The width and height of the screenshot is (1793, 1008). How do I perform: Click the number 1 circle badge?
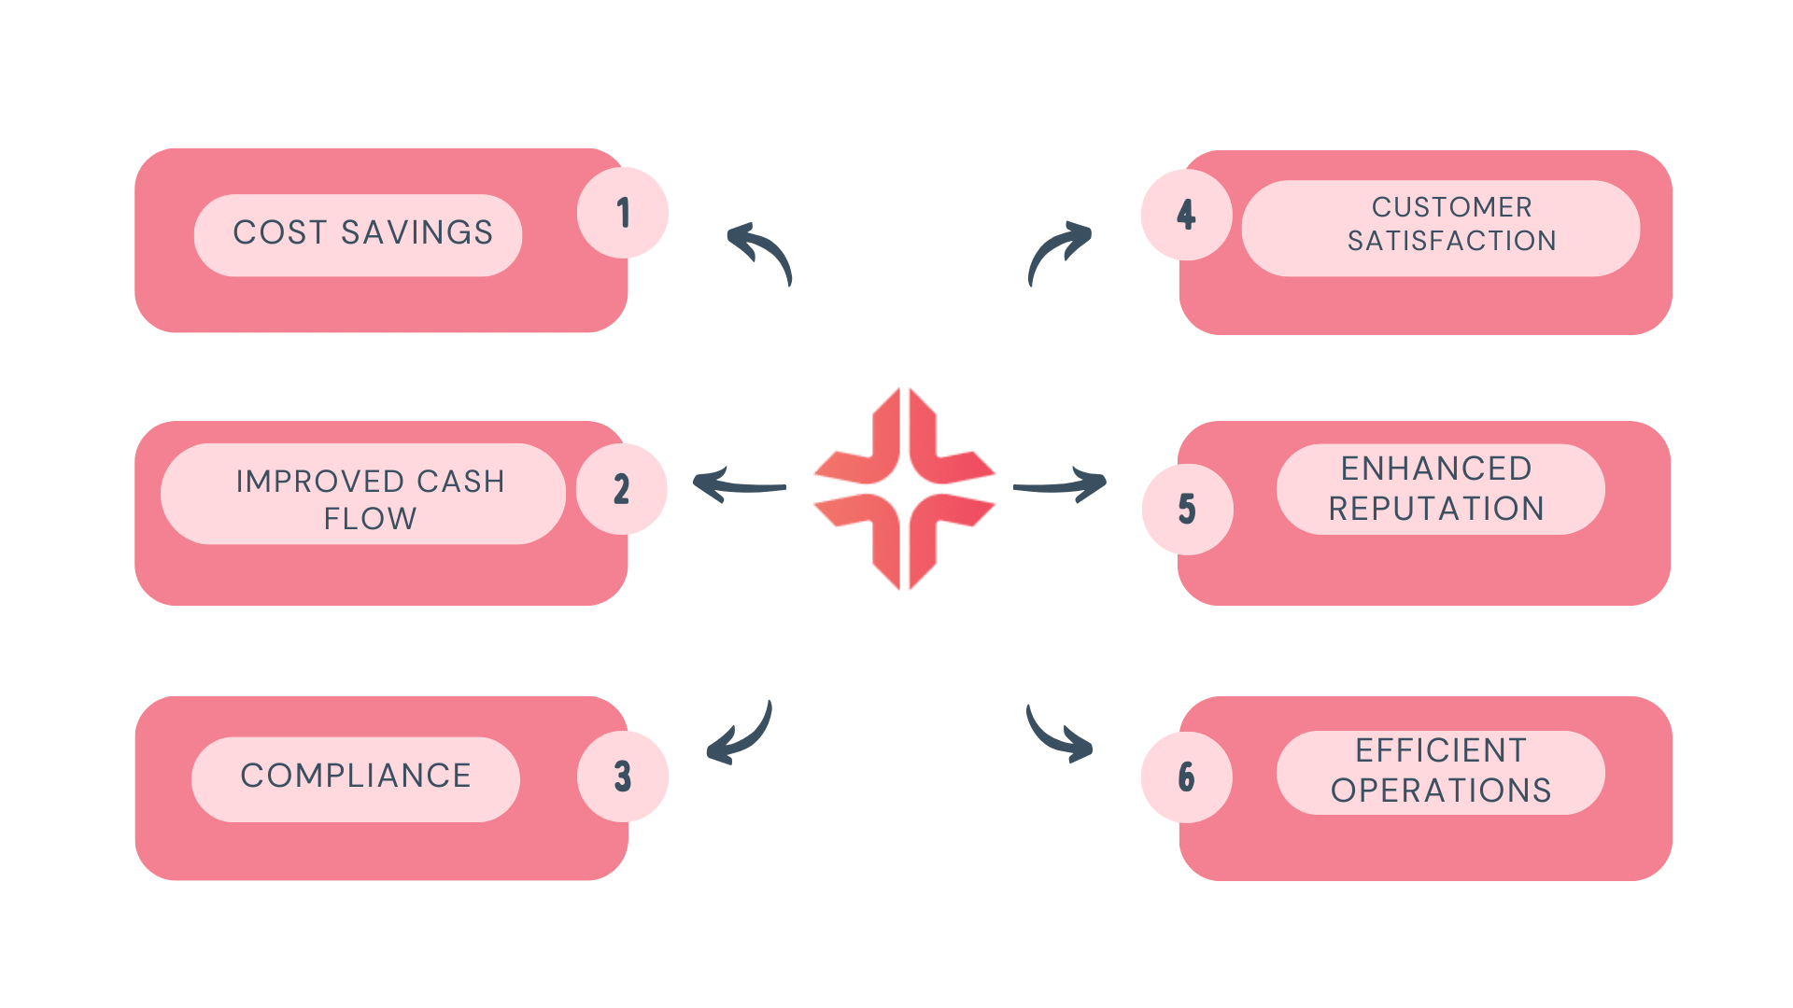pyautogui.click(x=623, y=213)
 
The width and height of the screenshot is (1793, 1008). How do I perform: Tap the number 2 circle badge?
pyautogui.click(x=622, y=489)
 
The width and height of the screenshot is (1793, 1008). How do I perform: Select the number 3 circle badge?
pyautogui.click(x=623, y=777)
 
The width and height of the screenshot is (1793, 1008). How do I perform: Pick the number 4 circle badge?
pyautogui.click(x=1186, y=215)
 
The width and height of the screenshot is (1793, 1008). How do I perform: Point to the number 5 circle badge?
pyautogui.click(x=1187, y=510)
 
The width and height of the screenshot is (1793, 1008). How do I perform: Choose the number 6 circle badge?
pyautogui.click(x=1186, y=777)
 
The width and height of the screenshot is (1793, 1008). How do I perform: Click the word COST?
pyautogui.click(x=279, y=232)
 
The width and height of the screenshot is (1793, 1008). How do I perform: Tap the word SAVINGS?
pyautogui.click(x=416, y=232)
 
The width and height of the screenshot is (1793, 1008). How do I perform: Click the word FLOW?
pyautogui.click(x=370, y=519)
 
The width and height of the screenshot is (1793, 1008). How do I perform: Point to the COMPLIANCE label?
pyautogui.click(x=356, y=776)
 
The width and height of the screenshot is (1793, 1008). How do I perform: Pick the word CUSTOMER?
pyautogui.click(x=1451, y=207)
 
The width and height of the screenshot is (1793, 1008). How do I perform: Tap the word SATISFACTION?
pyautogui.click(x=1451, y=241)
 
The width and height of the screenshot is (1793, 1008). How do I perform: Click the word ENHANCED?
pyautogui.click(x=1436, y=469)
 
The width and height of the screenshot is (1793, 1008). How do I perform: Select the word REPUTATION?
pyautogui.click(x=1436, y=509)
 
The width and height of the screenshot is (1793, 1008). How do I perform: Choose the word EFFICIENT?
pyautogui.click(x=1441, y=750)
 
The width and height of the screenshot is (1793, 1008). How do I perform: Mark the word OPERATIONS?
pyautogui.click(x=1441, y=791)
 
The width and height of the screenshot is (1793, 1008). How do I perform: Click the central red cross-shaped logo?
pyautogui.click(x=904, y=488)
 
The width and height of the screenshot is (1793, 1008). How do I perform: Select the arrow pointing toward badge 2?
pyautogui.click(x=738, y=485)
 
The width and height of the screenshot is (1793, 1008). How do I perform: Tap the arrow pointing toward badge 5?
pyautogui.click(x=1062, y=484)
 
